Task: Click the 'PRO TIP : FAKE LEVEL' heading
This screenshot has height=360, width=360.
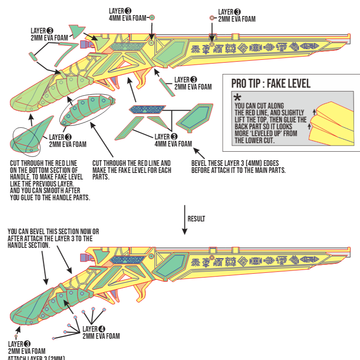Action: click(x=270, y=84)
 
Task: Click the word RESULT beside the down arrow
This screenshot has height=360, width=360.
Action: click(x=196, y=219)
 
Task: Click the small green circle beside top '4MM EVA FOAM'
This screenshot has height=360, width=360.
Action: click(x=152, y=17)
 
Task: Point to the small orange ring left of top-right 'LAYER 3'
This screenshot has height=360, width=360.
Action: click(x=212, y=17)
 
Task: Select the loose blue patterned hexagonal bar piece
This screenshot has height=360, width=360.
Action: click(x=146, y=109)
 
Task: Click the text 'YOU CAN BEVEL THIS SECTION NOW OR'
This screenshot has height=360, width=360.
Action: click(x=53, y=232)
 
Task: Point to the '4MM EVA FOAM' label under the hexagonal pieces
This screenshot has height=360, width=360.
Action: click(x=173, y=143)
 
